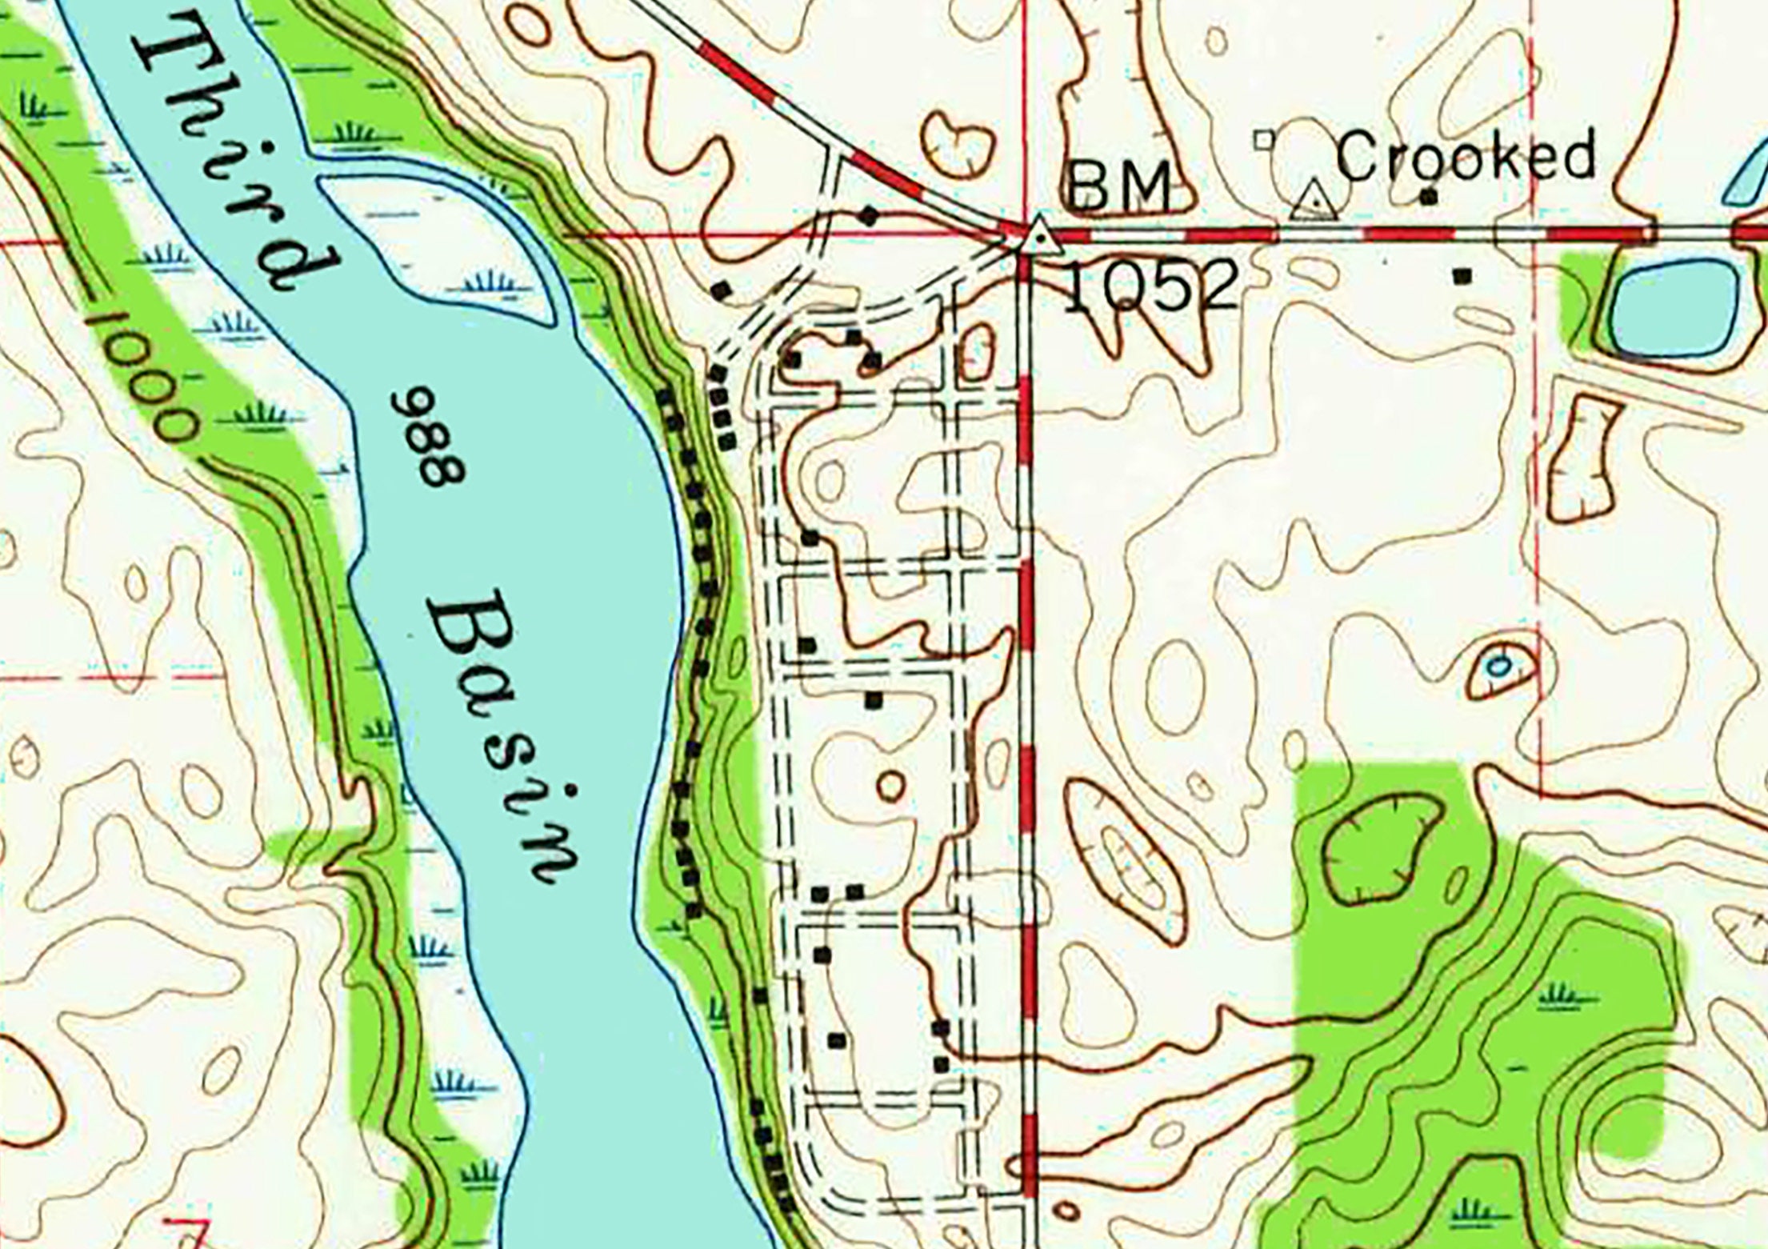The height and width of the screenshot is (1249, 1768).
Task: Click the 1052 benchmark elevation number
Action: [1152, 286]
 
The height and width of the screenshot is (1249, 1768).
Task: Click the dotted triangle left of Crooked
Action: [1314, 202]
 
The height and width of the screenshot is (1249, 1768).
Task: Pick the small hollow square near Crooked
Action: [1264, 140]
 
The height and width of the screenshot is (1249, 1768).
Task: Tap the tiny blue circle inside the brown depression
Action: [1499, 665]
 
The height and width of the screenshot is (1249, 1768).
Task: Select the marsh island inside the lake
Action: [448, 240]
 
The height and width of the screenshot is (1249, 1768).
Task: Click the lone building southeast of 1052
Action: [1463, 276]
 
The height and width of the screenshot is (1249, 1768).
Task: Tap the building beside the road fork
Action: [869, 214]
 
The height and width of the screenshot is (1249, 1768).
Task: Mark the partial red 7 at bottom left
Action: [189, 1232]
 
